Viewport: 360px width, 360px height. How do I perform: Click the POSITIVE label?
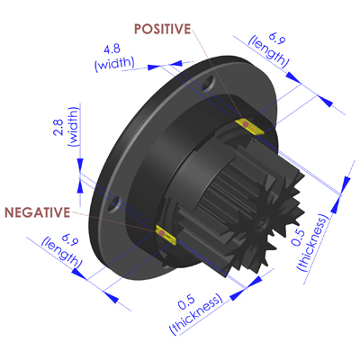coord(162,29)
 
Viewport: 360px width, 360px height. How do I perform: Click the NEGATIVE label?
coord(37,212)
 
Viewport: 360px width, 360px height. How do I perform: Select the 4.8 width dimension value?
coord(112,49)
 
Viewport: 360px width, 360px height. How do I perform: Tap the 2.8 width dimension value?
coord(58,127)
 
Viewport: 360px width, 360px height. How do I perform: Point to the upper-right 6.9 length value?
coord(276,38)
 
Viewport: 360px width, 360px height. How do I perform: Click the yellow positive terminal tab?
coord(249,126)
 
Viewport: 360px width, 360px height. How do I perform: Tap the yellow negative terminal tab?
coord(166,234)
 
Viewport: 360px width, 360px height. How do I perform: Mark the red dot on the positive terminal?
coord(246,124)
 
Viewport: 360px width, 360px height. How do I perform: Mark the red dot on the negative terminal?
coord(161,233)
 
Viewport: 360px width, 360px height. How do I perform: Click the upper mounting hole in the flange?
coord(209,83)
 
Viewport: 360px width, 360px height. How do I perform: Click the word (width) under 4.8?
coord(114,64)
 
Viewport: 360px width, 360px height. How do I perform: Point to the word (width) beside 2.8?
coord(74,126)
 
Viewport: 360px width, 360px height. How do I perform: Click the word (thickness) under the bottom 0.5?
coord(196,314)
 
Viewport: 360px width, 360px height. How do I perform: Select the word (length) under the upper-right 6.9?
coord(268,52)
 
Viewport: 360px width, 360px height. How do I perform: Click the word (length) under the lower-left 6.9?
coord(62,253)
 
